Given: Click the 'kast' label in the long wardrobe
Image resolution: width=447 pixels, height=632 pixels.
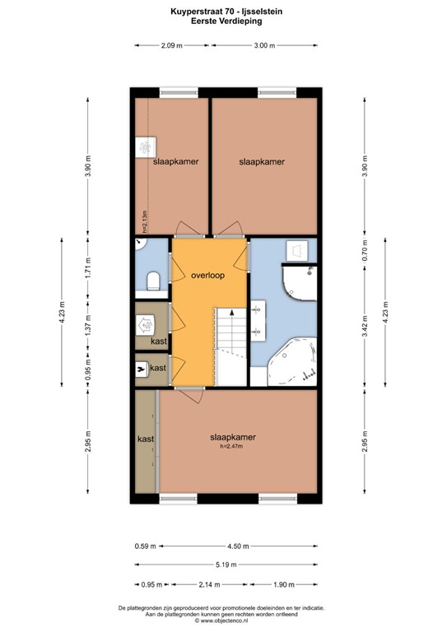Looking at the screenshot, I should [x=146, y=439].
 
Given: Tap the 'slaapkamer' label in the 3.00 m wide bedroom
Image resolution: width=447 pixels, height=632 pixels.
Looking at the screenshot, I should [x=262, y=162].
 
